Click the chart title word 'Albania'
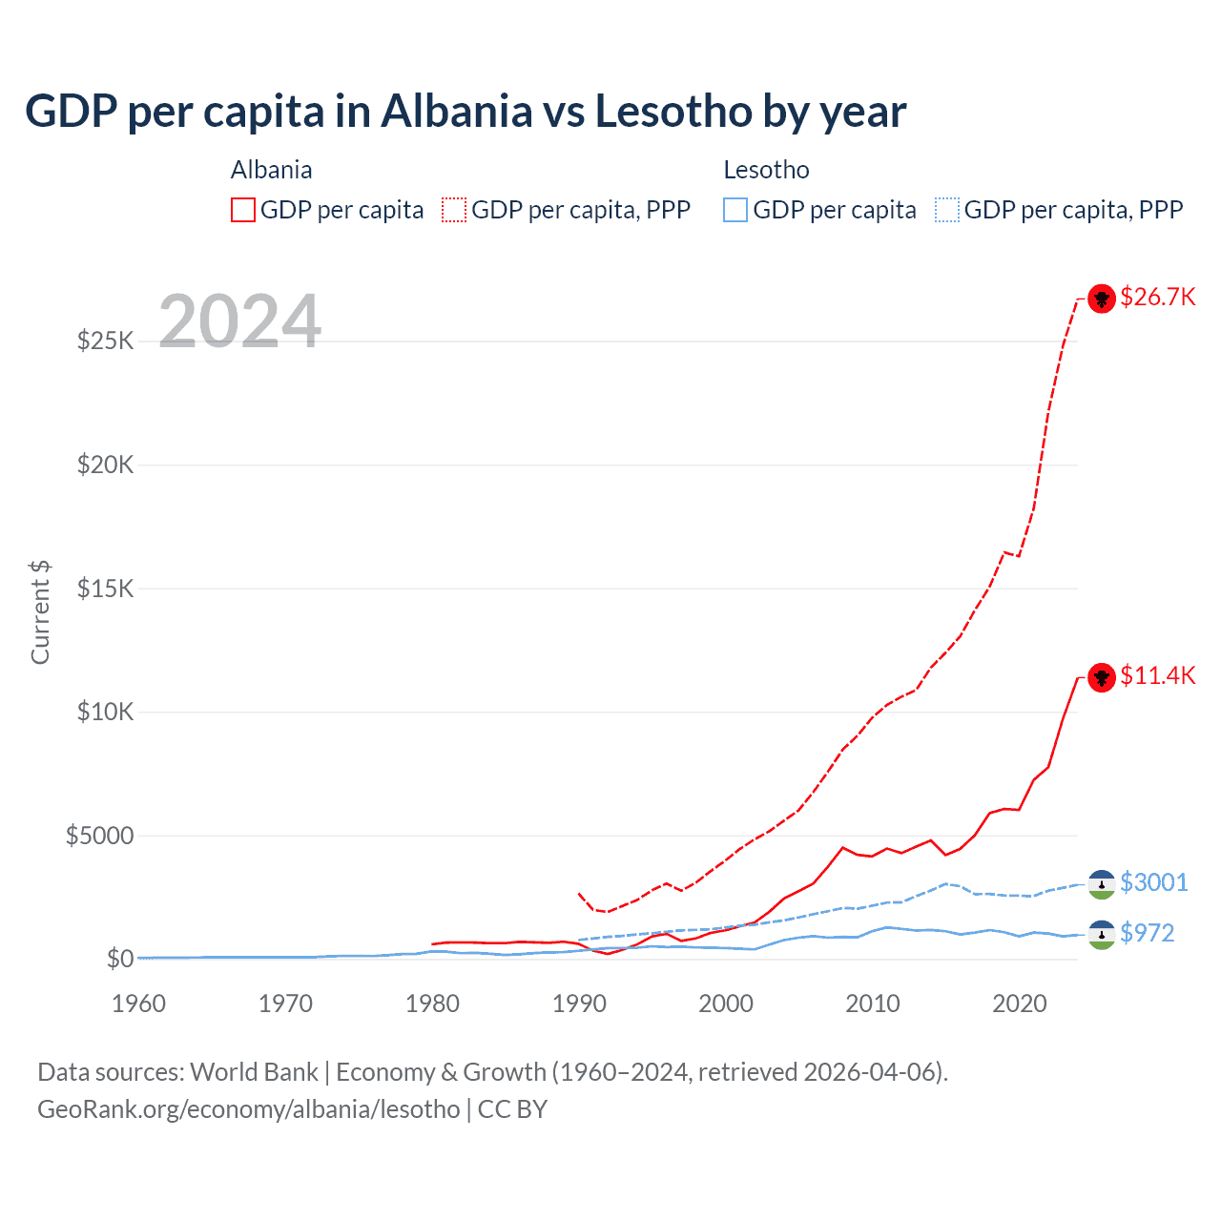pyautogui.click(x=456, y=112)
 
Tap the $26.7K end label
pyautogui.click(x=1157, y=298)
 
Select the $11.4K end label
pyautogui.click(x=1157, y=676)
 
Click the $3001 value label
pyautogui.click(x=1153, y=882)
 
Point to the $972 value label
pyautogui.click(x=1147, y=933)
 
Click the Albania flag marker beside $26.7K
pyautogui.click(x=1102, y=299)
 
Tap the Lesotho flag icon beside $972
pyautogui.click(x=1102, y=935)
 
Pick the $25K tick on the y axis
pyautogui.click(x=106, y=341)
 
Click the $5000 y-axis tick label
pyautogui.click(x=99, y=836)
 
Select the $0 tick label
pyautogui.click(x=119, y=959)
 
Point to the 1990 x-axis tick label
pyautogui.click(x=579, y=1004)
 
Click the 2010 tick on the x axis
pyautogui.click(x=873, y=1004)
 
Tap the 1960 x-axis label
pyautogui.click(x=139, y=1004)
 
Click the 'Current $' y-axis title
pyautogui.click(x=40, y=612)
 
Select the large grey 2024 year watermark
pyautogui.click(x=239, y=321)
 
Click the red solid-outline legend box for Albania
pyautogui.click(x=243, y=210)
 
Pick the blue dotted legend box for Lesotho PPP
pyautogui.click(x=947, y=210)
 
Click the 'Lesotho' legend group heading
pyautogui.click(x=766, y=170)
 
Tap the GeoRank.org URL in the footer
pyautogui.click(x=249, y=1109)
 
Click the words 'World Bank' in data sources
pyautogui.click(x=254, y=1072)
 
